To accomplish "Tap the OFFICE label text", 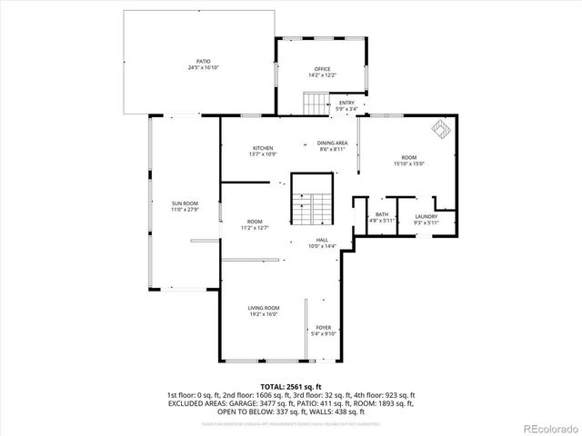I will (321, 69).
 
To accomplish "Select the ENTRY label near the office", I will (346, 103).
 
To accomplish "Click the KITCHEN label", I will (263, 148).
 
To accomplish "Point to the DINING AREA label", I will (333, 144).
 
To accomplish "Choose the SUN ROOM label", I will (185, 203).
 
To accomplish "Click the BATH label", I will (381, 214).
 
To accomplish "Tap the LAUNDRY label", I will (426, 215).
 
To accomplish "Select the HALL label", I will (322, 240).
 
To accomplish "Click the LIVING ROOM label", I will (264, 308).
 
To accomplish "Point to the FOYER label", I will (324, 327).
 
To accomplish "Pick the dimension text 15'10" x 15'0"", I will (409, 163).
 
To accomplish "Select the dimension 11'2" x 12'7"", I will (255, 228).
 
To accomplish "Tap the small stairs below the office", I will (315, 104).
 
